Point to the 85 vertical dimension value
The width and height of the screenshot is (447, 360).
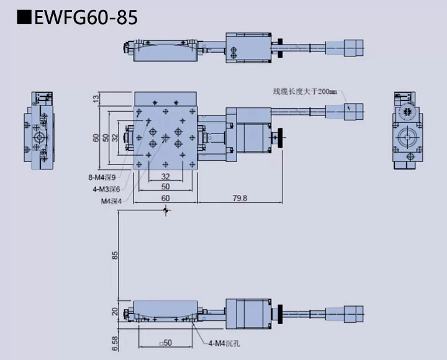114,255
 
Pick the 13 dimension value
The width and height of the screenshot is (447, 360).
96,97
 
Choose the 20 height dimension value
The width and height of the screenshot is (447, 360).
114,312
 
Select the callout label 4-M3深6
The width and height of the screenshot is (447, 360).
106,189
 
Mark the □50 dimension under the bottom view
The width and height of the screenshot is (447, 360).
165,343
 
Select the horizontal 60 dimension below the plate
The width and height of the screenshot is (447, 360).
165,198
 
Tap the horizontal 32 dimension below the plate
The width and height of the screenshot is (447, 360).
165,176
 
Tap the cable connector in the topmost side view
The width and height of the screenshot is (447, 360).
353,47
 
